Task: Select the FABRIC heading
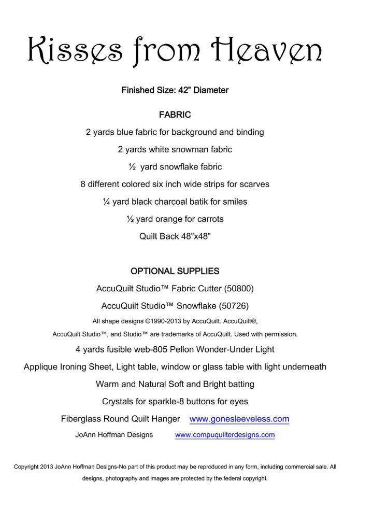[x=175, y=115]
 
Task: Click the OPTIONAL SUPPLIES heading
[x=175, y=271]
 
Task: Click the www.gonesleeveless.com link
[x=239, y=419]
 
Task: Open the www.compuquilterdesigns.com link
[x=225, y=435]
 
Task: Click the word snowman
[x=179, y=149]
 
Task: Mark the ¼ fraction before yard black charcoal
[x=107, y=202]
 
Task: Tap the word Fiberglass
[x=82, y=419]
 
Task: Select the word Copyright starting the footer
[x=26, y=466]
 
